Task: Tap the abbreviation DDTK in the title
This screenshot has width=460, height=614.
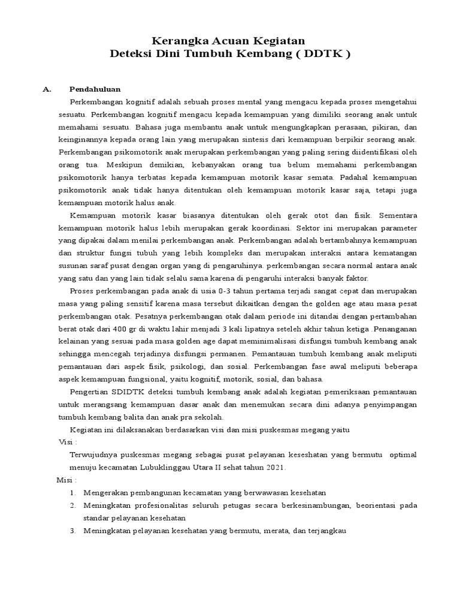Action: click(323, 54)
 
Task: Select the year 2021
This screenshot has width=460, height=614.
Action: click(274, 467)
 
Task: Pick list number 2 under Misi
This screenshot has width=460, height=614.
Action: click(72, 505)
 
